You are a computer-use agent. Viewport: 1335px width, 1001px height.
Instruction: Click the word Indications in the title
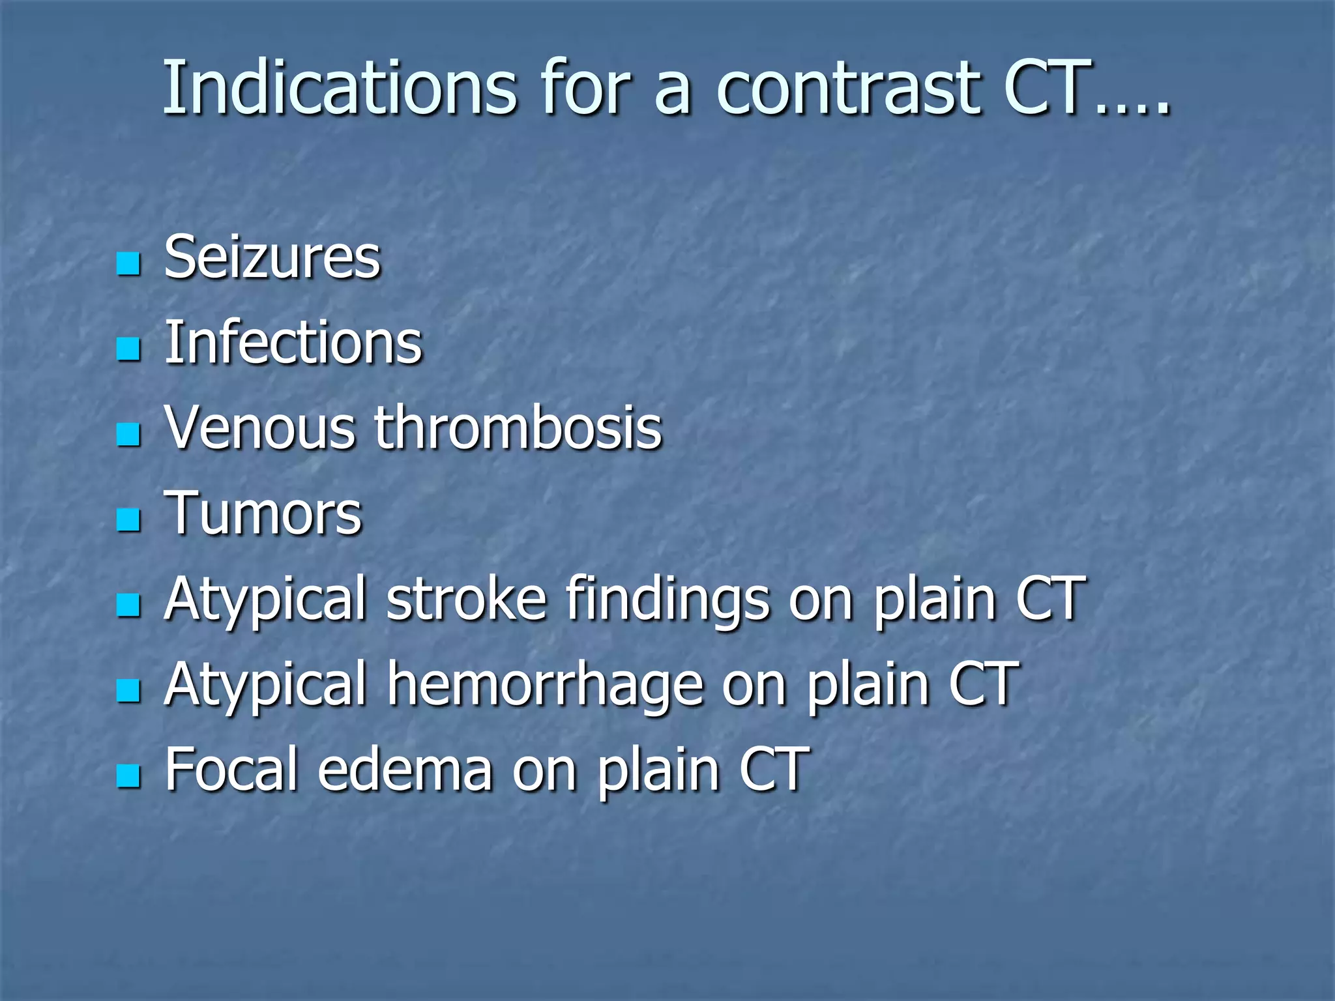coord(339,88)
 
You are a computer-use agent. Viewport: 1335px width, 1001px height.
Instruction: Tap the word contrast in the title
coord(847,88)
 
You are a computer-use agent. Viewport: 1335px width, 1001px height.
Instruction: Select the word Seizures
coord(272,258)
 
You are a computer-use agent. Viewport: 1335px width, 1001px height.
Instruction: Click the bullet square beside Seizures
coord(128,264)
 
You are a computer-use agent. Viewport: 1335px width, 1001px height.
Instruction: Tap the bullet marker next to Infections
coord(128,349)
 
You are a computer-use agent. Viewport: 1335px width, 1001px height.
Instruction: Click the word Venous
coord(260,428)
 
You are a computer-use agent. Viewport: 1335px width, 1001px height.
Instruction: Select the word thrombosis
coord(518,428)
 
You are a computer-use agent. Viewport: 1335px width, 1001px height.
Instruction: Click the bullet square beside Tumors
coord(128,520)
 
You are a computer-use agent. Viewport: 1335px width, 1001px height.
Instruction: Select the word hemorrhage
coord(546,686)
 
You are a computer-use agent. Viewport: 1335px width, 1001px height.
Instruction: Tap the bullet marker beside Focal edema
coord(128,776)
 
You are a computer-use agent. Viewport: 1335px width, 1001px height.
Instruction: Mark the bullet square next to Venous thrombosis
coord(128,435)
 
